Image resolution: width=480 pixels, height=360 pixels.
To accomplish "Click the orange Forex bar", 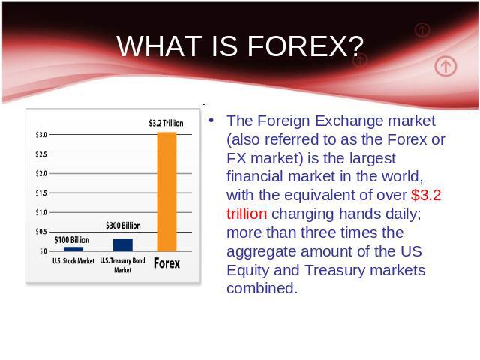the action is (166, 192).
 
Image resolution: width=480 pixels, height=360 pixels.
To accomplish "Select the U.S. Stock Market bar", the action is (73, 249).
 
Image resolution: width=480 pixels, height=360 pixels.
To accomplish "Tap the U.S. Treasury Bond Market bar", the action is (123, 245).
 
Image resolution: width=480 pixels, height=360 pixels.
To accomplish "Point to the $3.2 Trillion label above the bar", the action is (166, 123).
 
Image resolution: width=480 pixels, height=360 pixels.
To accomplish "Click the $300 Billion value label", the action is (123, 226).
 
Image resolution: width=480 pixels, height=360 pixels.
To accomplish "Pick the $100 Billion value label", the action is (72, 240).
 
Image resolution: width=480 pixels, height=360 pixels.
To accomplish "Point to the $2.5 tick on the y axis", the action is (41, 154).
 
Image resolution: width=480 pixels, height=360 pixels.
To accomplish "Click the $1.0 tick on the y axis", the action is (41, 212).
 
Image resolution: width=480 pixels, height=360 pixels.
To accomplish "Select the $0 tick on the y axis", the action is (43, 251).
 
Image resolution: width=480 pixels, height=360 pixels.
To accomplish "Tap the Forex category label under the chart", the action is (166, 263).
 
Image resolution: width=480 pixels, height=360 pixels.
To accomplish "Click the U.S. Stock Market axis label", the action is (73, 261).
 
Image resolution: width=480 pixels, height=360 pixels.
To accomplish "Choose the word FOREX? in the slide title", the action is (305, 46).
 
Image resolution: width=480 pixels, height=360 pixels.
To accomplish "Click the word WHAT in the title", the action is (159, 46).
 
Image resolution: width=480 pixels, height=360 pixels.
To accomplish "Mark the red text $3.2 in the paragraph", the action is (426, 195).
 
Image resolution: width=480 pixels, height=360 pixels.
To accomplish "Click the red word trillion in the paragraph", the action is (247, 214).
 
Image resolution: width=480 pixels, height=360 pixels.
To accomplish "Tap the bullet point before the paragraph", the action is (211, 120).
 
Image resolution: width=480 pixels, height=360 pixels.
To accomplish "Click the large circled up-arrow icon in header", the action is (445, 66).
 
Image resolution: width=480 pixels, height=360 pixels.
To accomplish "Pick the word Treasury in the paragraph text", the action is (335, 270).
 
